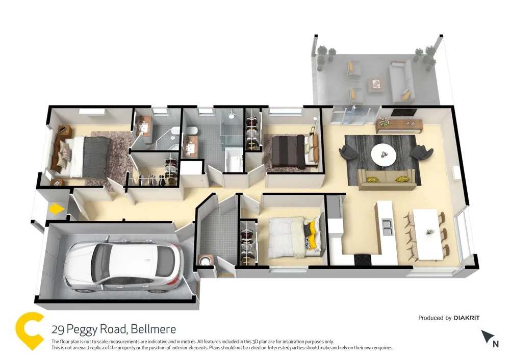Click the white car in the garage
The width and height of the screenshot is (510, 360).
point(122,267)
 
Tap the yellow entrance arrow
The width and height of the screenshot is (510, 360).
point(55,209)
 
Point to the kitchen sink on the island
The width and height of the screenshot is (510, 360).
point(387,227)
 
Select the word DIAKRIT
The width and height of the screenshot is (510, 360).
point(466,318)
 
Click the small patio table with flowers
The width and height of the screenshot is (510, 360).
point(376,84)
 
